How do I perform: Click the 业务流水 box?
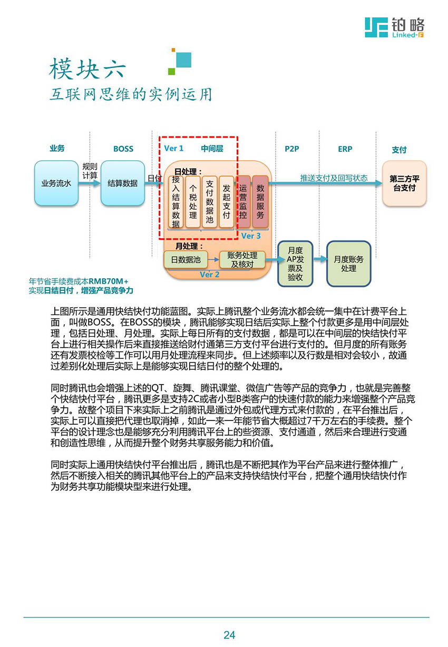tap(56, 183)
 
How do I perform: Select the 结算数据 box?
tap(123, 183)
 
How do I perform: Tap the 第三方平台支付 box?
tap(404, 183)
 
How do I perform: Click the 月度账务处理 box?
tap(348, 263)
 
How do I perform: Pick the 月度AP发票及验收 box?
tap(295, 263)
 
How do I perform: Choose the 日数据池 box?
tap(186, 260)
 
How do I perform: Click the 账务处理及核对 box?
tap(242, 260)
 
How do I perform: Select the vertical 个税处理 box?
tap(193, 201)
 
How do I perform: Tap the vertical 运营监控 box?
tap(243, 201)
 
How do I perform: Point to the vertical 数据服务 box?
tap(260, 201)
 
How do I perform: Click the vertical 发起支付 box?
tap(226, 201)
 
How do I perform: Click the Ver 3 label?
tap(251, 236)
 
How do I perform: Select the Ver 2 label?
tap(210, 275)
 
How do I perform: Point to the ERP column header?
tap(345, 149)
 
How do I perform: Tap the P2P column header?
tap(292, 149)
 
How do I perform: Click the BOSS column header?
tap(123, 149)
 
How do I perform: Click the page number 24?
tap(229, 635)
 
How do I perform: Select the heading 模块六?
tap(87, 68)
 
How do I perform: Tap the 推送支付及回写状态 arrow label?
tap(334, 178)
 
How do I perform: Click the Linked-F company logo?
tap(394, 27)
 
